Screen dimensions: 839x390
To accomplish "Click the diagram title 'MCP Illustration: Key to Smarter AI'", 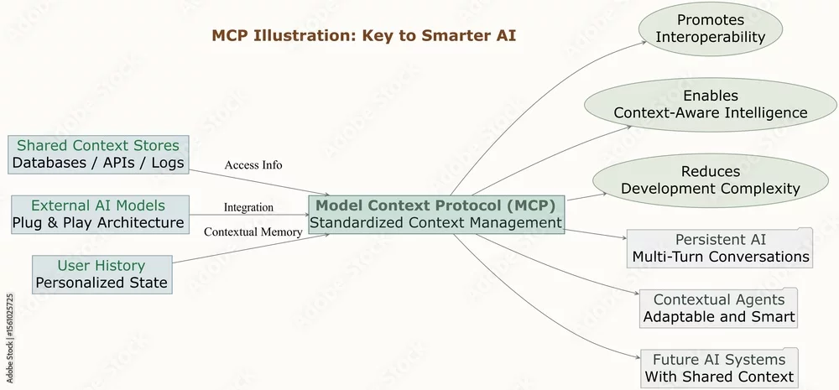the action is (x=364, y=36).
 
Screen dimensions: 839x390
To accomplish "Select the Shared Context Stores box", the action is (x=98, y=154).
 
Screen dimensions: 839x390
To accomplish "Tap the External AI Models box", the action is (x=101, y=215).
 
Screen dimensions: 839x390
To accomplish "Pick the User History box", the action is (x=102, y=274).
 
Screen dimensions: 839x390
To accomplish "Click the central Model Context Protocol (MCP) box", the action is (x=436, y=215).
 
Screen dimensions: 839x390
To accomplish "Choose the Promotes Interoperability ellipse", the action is (x=711, y=29).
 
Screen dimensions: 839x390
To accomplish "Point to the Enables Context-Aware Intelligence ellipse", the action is (x=711, y=105).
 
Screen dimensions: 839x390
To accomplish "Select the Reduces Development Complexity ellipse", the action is (x=711, y=181).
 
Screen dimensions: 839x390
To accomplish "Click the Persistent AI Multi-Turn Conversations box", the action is (x=720, y=247).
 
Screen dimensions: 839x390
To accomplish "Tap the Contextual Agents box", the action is (x=719, y=308).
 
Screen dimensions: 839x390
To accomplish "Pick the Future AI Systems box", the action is (x=719, y=368).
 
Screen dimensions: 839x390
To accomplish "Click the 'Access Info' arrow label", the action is (x=253, y=164).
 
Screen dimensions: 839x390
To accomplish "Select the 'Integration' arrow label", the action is (x=248, y=207).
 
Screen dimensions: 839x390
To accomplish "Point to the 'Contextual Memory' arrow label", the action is (x=253, y=231).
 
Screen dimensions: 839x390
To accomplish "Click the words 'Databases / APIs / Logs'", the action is (x=98, y=164).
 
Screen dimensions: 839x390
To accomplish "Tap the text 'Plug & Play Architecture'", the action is (x=98, y=223).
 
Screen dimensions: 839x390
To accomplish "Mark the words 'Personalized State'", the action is (x=102, y=283).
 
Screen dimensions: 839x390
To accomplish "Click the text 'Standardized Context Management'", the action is (x=436, y=222).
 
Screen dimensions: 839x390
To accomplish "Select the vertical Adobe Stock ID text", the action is (x=10, y=337).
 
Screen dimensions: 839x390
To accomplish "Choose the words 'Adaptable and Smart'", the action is (x=719, y=316).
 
